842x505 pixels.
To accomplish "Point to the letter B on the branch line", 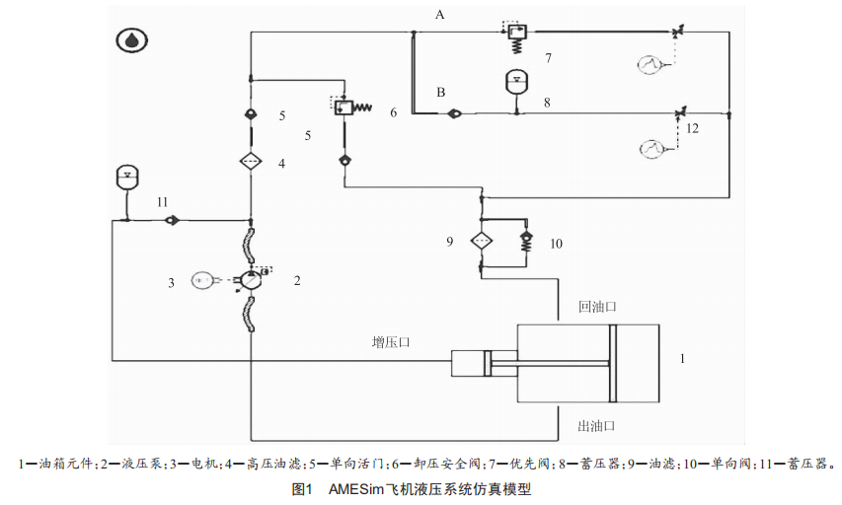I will tap(441, 93).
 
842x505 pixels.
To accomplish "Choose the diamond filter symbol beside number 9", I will tap(481, 241).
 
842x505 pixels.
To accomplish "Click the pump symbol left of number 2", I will tap(251, 280).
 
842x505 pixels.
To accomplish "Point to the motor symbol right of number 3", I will tap(203, 280).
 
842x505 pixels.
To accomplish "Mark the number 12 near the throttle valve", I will tap(692, 128).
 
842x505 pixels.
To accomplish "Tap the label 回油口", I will tap(597, 308).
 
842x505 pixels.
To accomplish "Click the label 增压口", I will tap(391, 342).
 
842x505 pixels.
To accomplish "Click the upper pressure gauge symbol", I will tap(649, 65).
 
